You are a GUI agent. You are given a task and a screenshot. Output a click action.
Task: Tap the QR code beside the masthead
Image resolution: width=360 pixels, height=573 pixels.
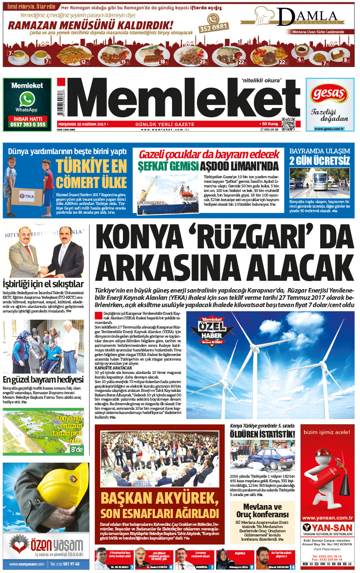[x=289, y=124]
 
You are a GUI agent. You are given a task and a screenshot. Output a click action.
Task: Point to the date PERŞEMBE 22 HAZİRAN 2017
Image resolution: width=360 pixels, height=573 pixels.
[x=82, y=124]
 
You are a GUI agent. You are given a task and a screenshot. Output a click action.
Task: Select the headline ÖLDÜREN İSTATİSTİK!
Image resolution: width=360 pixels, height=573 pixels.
[x=262, y=434]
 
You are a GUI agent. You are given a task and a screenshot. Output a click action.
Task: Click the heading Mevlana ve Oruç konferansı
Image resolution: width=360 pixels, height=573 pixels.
[x=263, y=510]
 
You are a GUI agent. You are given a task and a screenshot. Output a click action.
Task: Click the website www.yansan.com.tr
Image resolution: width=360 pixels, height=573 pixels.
[x=327, y=518]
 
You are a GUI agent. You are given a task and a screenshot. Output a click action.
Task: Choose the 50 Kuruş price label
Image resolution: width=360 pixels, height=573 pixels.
[x=270, y=124]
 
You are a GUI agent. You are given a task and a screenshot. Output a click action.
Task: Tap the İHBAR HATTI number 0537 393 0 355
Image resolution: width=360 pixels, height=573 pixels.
[x=28, y=124]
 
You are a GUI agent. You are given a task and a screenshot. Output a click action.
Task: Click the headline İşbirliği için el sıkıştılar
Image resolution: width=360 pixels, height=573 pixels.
[x=43, y=284]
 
